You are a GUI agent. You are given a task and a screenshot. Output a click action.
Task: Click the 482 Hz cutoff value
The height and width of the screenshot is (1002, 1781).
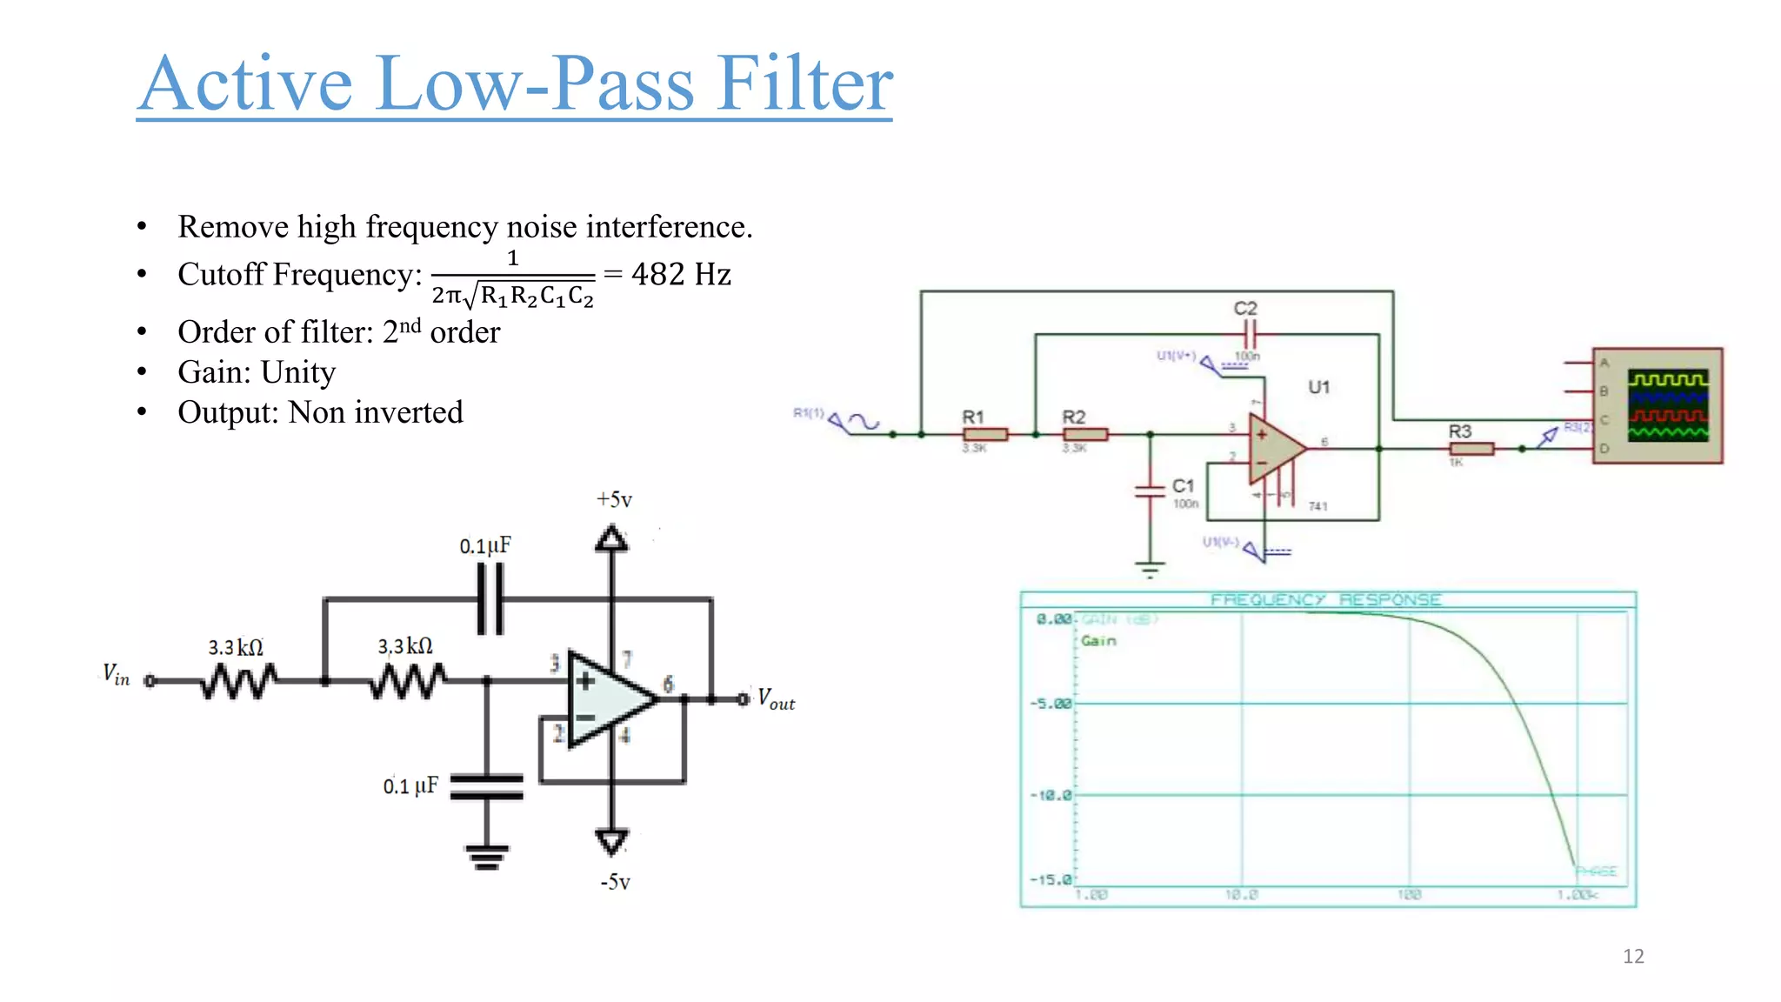tap(681, 275)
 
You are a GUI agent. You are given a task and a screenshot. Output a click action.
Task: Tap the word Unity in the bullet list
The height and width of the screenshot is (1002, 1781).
tap(298, 372)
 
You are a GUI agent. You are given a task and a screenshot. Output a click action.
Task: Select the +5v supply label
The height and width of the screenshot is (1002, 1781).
tap(614, 500)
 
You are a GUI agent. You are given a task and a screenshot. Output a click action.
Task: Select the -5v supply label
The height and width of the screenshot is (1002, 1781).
tap(615, 882)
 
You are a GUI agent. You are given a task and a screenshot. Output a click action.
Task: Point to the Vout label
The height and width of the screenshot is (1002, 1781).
tap(776, 699)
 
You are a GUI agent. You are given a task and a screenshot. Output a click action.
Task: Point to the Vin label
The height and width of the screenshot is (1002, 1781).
tap(116, 675)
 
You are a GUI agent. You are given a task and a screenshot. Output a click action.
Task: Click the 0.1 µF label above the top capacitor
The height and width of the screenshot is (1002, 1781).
tap(485, 546)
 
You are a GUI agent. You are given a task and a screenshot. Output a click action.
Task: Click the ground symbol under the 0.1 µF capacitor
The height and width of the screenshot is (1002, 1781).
tap(486, 856)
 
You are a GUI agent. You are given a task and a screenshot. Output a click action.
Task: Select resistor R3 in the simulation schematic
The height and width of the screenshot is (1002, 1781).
tap(1471, 449)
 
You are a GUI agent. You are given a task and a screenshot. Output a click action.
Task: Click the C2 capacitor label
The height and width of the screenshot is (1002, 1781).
tap(1245, 309)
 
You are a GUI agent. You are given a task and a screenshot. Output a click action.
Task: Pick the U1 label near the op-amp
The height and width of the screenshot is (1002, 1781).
tap(1318, 387)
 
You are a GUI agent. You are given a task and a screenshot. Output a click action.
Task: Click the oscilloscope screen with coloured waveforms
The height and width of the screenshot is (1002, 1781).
tap(1667, 405)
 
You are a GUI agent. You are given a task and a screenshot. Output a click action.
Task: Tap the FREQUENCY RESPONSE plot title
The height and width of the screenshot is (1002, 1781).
tap(1326, 600)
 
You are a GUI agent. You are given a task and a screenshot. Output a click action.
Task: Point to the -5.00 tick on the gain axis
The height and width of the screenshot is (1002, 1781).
tap(1051, 703)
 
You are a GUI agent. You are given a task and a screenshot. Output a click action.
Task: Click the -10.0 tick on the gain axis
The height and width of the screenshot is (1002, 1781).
tap(1051, 795)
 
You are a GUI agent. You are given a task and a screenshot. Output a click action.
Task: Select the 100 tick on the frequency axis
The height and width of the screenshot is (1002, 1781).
tap(1409, 894)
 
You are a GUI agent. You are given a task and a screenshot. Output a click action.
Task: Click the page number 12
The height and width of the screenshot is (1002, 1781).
tap(1633, 957)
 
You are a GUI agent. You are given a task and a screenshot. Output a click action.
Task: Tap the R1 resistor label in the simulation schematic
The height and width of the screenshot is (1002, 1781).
tap(972, 417)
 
